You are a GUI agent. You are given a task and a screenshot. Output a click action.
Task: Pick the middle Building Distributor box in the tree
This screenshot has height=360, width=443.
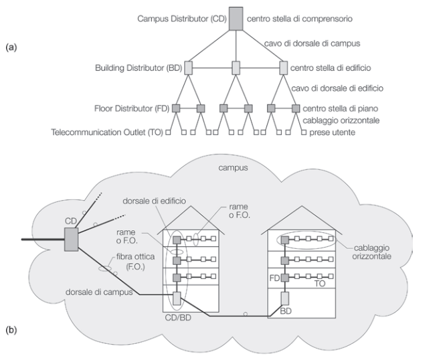point(236,68)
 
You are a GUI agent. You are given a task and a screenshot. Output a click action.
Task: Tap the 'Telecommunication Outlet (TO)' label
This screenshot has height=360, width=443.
point(107,133)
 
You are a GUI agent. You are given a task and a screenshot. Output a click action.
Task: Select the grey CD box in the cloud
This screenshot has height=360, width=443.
point(72,238)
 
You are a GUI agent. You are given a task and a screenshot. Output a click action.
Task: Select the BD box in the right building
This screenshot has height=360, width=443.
point(284,298)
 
